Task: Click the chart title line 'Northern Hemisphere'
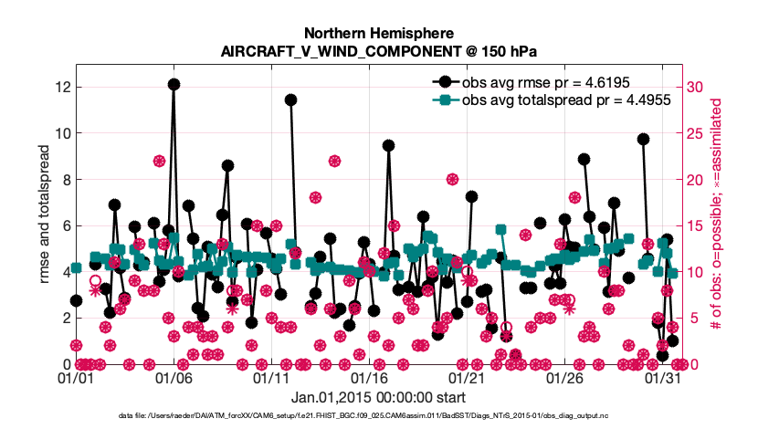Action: point(378,33)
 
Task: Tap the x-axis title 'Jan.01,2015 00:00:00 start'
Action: point(378,397)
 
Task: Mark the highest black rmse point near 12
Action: point(174,84)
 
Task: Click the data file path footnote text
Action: point(378,415)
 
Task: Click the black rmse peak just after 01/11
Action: point(290,99)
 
